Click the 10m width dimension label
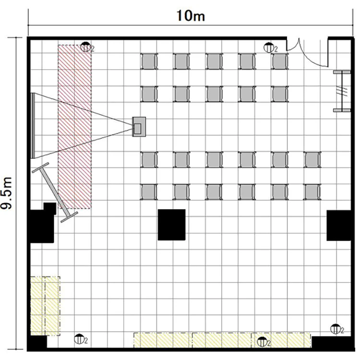(x=191, y=16)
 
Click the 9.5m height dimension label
(x=6, y=193)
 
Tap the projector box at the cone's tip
(x=139, y=127)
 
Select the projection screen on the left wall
(x=33, y=126)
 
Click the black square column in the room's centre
(x=171, y=225)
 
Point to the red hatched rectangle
(x=74, y=127)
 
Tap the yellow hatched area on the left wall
(x=45, y=306)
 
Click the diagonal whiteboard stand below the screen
(x=55, y=192)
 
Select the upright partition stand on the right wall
(x=342, y=91)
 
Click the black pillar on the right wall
(x=339, y=226)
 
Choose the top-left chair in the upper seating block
(x=149, y=61)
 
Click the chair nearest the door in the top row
(x=280, y=61)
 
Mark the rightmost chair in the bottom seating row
(x=312, y=192)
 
